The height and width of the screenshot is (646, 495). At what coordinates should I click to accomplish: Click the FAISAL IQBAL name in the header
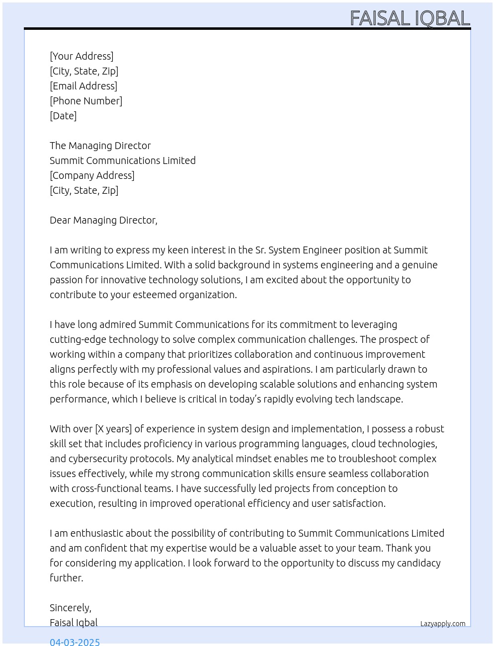tap(410, 18)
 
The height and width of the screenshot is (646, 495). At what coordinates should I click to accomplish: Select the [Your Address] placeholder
tap(82, 56)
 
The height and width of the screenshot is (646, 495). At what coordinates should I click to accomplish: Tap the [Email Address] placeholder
tap(83, 86)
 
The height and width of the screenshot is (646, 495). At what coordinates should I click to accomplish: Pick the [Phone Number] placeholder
tap(86, 101)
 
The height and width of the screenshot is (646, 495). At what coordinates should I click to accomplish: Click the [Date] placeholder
tap(63, 116)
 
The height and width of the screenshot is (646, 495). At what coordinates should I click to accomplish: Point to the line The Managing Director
tap(100, 146)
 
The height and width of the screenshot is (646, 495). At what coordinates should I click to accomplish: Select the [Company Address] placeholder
tap(92, 175)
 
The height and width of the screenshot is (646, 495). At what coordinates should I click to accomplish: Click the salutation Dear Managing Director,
tap(103, 220)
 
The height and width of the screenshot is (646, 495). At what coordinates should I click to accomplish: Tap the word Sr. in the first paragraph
tap(260, 250)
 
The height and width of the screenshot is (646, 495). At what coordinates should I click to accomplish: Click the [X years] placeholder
tap(113, 429)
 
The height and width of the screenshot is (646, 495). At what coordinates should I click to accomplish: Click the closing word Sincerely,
tap(70, 608)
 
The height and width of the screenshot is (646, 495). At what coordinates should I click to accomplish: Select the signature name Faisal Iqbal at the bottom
tap(74, 623)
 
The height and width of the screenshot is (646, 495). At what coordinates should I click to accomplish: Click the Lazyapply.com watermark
tap(443, 624)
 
